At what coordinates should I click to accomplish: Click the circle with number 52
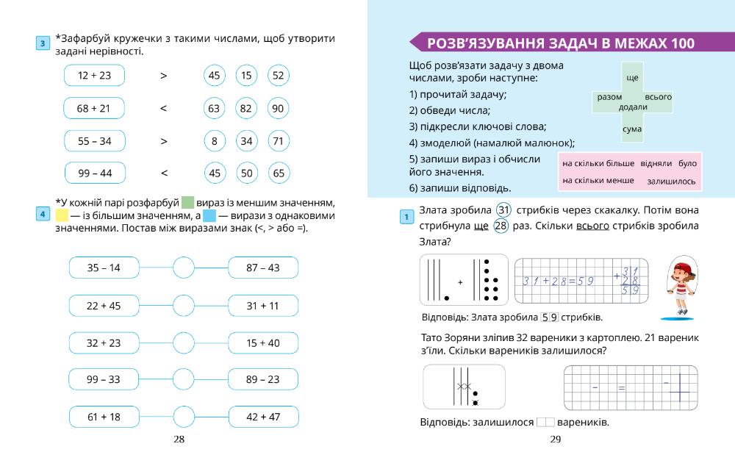tap(278, 75)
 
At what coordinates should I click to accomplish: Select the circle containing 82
tap(246, 108)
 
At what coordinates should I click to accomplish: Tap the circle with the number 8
tap(214, 140)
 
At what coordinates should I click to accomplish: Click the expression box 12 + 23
tap(94, 75)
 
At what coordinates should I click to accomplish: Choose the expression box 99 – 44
tap(94, 173)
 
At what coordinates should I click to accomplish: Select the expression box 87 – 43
tap(263, 268)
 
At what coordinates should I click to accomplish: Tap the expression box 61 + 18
tap(104, 417)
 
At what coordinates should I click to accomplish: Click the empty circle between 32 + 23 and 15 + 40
tap(184, 343)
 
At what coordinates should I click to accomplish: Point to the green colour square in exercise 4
tap(187, 203)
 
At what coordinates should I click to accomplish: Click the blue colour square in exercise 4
tap(209, 217)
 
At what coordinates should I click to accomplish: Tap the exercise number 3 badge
tap(43, 44)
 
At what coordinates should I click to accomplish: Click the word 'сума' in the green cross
tap(632, 129)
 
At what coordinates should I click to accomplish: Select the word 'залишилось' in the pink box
tap(671, 181)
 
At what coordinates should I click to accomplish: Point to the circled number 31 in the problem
tap(504, 209)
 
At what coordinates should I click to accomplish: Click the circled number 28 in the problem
tap(501, 226)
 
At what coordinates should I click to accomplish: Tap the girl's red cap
tap(682, 268)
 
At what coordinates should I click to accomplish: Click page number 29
tap(555, 440)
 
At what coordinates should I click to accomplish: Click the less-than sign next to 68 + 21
tap(163, 108)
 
